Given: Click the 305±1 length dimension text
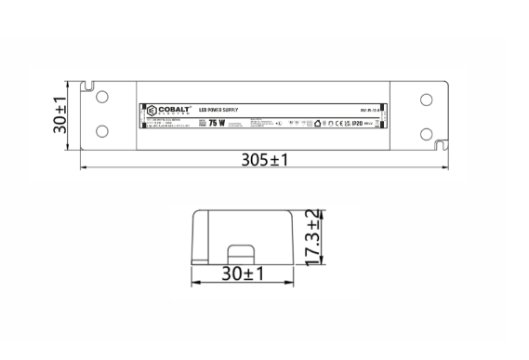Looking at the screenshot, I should (x=266, y=159).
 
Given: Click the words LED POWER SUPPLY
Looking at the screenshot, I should (x=218, y=111).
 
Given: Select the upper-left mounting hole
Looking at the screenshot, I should (x=102, y=97).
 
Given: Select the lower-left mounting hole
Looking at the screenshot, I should (x=102, y=130).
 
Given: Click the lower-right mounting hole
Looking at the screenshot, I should (x=425, y=130).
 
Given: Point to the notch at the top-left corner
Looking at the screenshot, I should (x=89, y=88).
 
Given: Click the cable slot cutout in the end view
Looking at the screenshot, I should (x=244, y=253).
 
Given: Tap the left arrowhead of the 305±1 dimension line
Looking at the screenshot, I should (x=85, y=169).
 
